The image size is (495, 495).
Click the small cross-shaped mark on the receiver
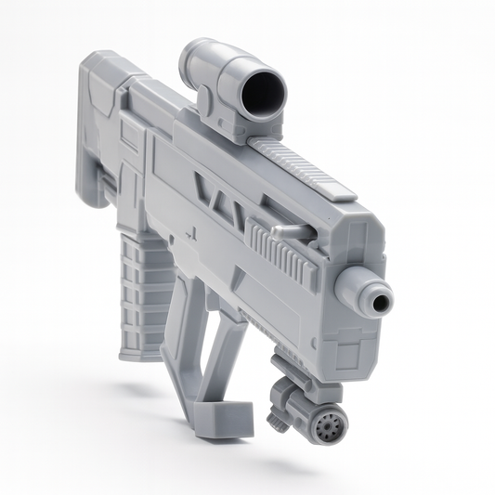click(198, 235)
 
